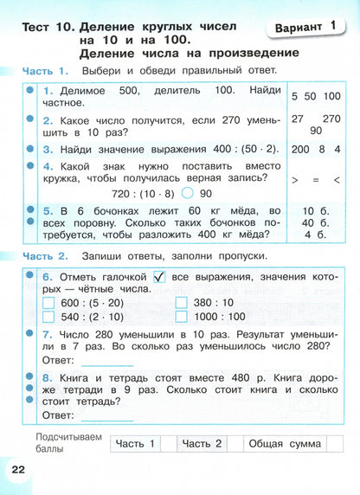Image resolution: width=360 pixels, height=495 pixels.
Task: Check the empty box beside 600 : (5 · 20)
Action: (x=49, y=302)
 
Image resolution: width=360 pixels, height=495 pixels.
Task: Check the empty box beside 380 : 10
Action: (x=182, y=302)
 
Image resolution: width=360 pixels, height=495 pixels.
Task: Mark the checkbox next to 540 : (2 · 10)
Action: (x=49, y=317)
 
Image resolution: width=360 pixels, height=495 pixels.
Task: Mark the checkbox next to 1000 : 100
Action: (x=182, y=317)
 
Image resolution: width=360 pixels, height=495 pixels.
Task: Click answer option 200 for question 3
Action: (x=303, y=149)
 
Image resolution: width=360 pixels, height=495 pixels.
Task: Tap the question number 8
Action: (x=47, y=378)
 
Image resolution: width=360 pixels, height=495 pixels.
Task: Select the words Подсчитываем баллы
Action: (x=70, y=444)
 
